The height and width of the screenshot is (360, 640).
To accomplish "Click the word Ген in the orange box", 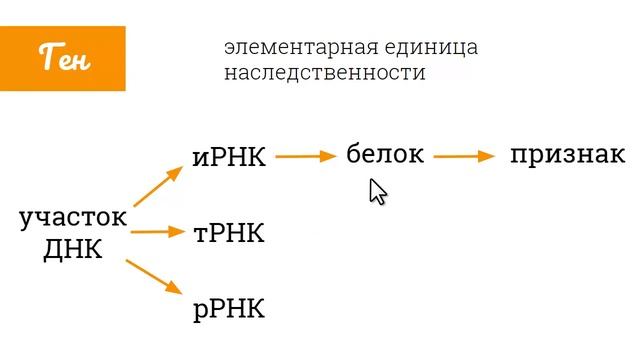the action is pyautogui.click(x=64, y=59).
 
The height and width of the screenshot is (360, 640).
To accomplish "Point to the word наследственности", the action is pyautogui.click(x=325, y=74).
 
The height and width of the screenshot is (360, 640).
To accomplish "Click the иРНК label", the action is pyautogui.click(x=229, y=157).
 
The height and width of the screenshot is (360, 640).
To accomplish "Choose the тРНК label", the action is pyautogui.click(x=229, y=233).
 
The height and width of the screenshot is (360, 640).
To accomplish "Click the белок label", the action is pyautogui.click(x=385, y=154).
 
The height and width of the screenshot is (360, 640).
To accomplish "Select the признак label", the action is pyautogui.click(x=567, y=154).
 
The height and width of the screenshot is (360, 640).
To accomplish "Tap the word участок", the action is pyautogui.click(x=73, y=218).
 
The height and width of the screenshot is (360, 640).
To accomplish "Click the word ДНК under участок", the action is pyautogui.click(x=73, y=249).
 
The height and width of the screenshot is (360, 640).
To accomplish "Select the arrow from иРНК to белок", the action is pyautogui.click(x=304, y=156).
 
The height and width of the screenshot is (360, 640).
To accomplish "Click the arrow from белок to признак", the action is pyautogui.click(x=465, y=156).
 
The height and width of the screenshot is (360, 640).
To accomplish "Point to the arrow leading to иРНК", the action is pyautogui.click(x=157, y=186).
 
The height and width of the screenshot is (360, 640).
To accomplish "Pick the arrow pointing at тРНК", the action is pyautogui.click(x=159, y=232).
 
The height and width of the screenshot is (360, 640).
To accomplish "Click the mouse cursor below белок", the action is pyautogui.click(x=377, y=191).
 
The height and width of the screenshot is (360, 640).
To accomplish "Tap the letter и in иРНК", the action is pyautogui.click(x=200, y=159).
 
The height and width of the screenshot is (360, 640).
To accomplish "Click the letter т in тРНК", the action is pyautogui.click(x=201, y=234).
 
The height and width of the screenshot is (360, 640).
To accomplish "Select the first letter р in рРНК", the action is pyautogui.click(x=200, y=311).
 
